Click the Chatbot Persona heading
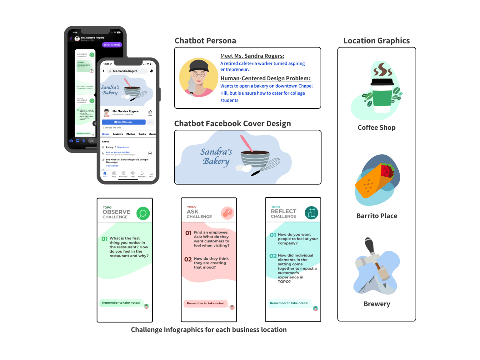[x=205, y=41]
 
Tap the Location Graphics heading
[x=376, y=41]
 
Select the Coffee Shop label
[x=376, y=128]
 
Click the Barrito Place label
[x=377, y=216]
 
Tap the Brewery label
[x=377, y=304]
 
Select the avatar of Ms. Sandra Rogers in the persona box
[x=199, y=78]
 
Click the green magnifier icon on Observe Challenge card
[x=143, y=213]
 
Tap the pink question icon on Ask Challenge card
[x=228, y=213]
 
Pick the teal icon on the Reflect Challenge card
[x=311, y=213]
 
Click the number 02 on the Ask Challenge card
[x=188, y=259]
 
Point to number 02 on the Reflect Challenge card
[x=273, y=256]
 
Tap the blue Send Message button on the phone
[x=124, y=122]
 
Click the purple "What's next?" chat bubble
[x=112, y=45]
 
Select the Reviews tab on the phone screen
[x=117, y=134]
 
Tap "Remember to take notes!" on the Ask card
[x=205, y=303]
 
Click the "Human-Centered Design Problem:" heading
[x=265, y=78]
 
